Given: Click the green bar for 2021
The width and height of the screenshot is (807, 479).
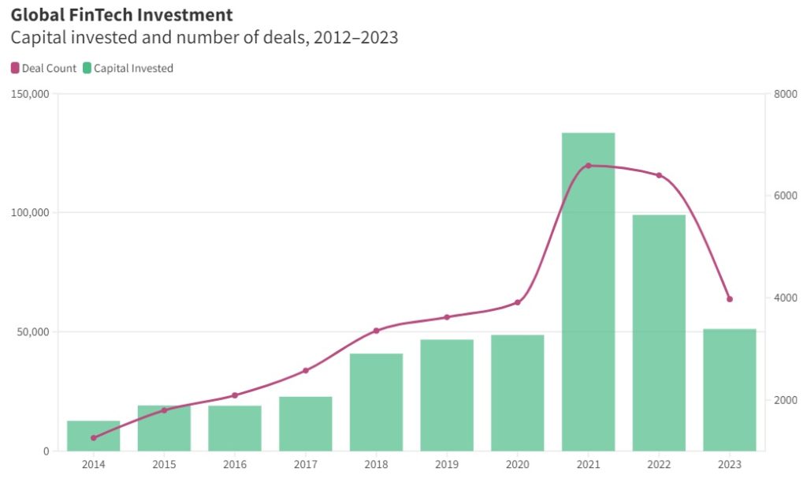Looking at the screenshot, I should pos(588,292).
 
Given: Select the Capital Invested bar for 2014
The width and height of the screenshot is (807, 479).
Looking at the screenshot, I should pos(93,436).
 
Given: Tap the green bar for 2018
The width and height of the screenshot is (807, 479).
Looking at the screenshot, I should pos(376,402).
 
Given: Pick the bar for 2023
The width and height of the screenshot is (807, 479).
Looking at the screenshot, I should pos(729,390).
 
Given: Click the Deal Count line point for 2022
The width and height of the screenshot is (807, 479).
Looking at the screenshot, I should pos(659,175).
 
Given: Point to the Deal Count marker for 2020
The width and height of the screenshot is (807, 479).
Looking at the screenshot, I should pos(518,302).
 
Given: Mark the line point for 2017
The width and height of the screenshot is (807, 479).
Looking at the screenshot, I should pos(306,370).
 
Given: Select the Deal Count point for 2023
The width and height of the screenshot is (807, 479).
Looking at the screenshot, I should pos(730,299).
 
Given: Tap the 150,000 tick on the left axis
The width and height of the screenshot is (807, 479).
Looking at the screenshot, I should pos(31,94).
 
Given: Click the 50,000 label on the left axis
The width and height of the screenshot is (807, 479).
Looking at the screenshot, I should pos(33,331).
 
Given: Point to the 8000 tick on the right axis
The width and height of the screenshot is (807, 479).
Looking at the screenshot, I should pos(787,94).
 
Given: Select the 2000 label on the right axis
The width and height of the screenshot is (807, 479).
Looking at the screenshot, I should pos(787,400).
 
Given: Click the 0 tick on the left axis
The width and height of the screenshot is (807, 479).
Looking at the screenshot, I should pos(46,451).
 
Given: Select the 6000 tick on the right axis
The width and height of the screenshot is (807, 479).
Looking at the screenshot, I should pos(787,196).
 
